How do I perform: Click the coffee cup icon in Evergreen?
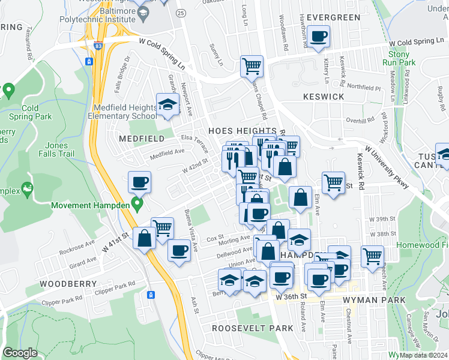(319, 37)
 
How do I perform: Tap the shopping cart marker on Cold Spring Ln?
(252, 66)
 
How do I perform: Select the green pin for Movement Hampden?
(137, 205)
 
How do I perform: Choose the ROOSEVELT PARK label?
(253, 328)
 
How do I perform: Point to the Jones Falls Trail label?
(67, 149)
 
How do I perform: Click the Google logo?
(20, 353)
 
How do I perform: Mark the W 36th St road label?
(291, 296)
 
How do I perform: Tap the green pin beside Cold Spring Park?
(8, 91)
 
